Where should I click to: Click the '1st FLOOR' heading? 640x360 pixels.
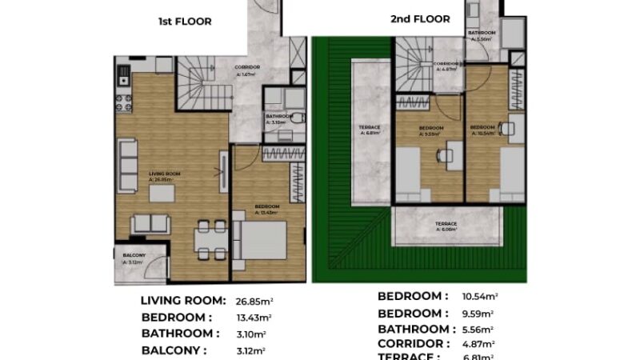pyautogui.click(x=185, y=22)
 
